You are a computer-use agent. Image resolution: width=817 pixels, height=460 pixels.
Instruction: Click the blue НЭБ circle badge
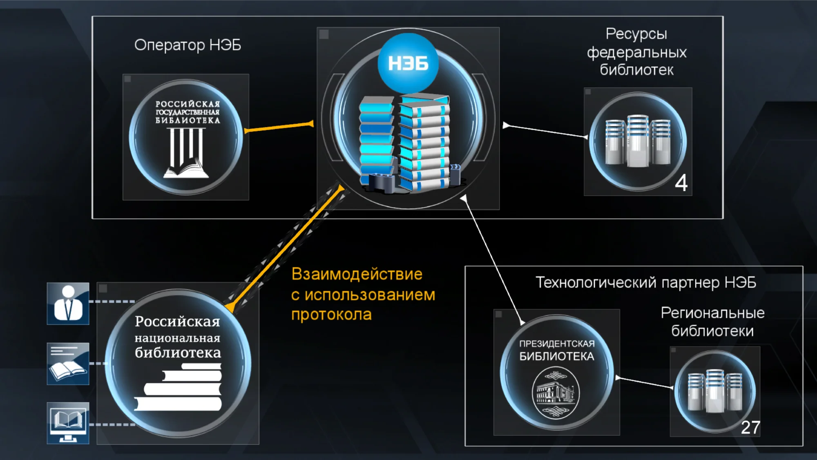(x=408, y=63)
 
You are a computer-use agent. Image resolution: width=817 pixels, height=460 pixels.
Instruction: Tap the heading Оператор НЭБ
(x=188, y=45)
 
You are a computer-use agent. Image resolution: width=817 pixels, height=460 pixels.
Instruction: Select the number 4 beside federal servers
(x=681, y=183)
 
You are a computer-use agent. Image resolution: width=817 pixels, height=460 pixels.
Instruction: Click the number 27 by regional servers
(x=750, y=427)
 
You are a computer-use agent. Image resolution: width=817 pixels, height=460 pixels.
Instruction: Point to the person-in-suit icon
(x=68, y=304)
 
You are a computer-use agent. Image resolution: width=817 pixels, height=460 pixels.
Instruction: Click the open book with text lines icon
(x=68, y=364)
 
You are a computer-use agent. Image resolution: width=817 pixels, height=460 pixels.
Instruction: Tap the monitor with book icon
(x=68, y=423)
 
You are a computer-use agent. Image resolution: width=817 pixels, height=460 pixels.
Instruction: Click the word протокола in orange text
(x=331, y=315)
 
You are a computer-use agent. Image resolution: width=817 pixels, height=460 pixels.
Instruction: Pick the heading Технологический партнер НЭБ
(x=645, y=282)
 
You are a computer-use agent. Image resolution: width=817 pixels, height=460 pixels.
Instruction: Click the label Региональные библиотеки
(x=712, y=322)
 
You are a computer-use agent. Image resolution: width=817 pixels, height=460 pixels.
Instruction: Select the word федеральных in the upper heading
(x=636, y=52)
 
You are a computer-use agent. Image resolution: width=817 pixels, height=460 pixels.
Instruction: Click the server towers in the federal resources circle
(x=637, y=141)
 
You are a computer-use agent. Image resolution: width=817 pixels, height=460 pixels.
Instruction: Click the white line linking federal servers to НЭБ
(x=545, y=131)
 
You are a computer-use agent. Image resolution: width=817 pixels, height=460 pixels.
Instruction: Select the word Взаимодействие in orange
(x=357, y=274)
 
